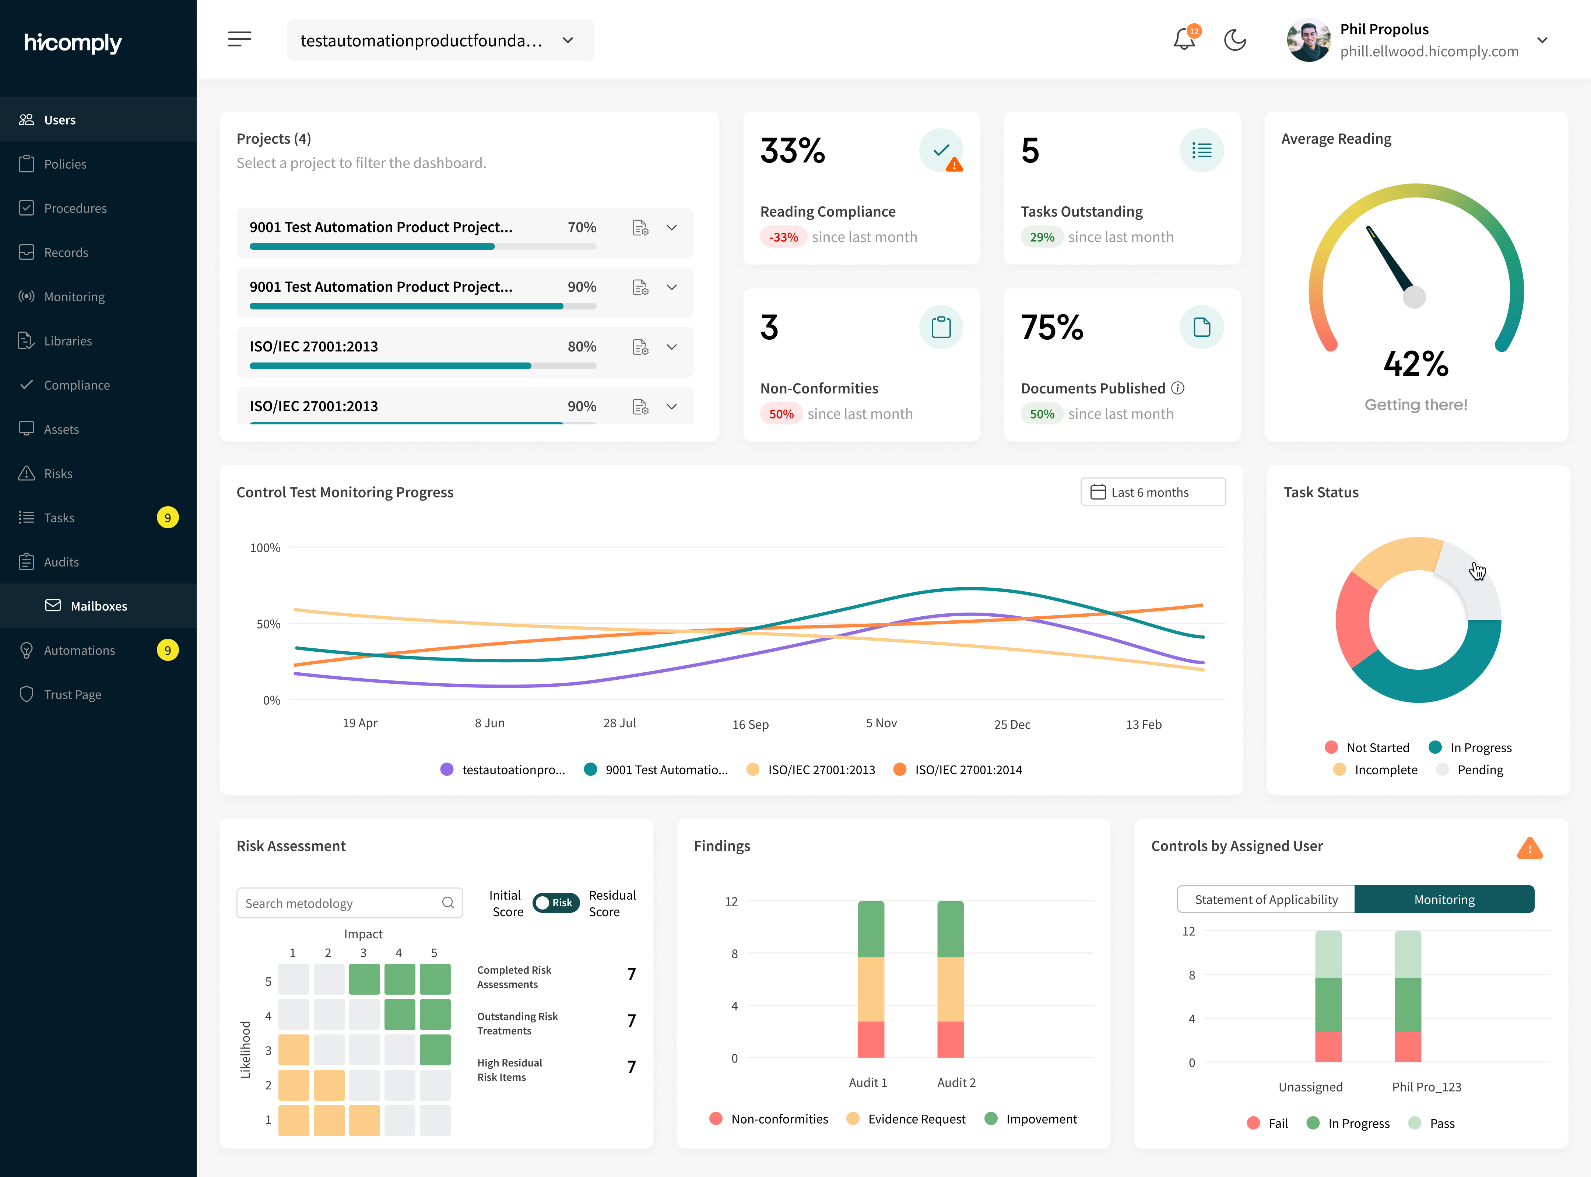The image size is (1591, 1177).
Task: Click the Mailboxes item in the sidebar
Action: tap(98, 606)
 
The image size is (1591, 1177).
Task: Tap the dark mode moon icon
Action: tap(1235, 40)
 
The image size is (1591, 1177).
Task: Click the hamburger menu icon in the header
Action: tap(239, 39)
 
